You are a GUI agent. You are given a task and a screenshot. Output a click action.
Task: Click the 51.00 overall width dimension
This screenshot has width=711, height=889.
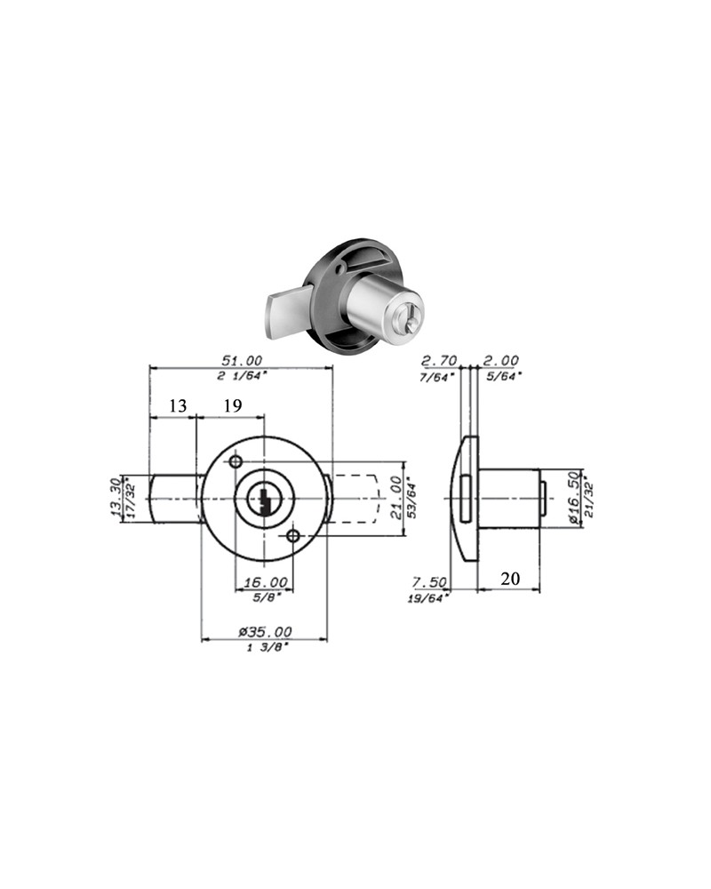point(241,360)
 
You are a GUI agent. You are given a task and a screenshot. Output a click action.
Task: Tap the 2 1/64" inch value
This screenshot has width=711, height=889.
point(241,376)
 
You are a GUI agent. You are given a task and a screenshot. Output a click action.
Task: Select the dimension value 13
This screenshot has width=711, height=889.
point(178,405)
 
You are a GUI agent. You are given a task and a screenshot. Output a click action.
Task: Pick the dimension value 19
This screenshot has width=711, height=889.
point(232,405)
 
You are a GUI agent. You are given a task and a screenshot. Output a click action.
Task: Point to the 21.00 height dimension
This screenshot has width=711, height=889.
point(394,499)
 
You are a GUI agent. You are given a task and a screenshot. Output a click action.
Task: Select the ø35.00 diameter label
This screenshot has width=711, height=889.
point(265,631)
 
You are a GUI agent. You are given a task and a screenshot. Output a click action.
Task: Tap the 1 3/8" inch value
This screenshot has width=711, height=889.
point(265,647)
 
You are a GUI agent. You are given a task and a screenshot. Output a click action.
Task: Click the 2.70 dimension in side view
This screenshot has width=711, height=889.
point(439,360)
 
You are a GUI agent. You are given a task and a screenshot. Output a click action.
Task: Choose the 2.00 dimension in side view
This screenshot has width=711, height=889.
point(500,360)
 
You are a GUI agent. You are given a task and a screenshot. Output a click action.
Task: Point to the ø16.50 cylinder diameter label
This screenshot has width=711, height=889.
point(571,499)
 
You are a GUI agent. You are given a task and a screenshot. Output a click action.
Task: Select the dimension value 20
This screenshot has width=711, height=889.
point(510,579)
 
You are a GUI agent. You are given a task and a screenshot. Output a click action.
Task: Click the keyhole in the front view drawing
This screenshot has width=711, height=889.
point(264,500)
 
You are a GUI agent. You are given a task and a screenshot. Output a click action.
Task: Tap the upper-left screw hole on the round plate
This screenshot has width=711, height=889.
point(236,462)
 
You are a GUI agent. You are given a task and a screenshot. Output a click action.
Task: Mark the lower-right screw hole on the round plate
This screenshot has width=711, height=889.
point(293,535)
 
